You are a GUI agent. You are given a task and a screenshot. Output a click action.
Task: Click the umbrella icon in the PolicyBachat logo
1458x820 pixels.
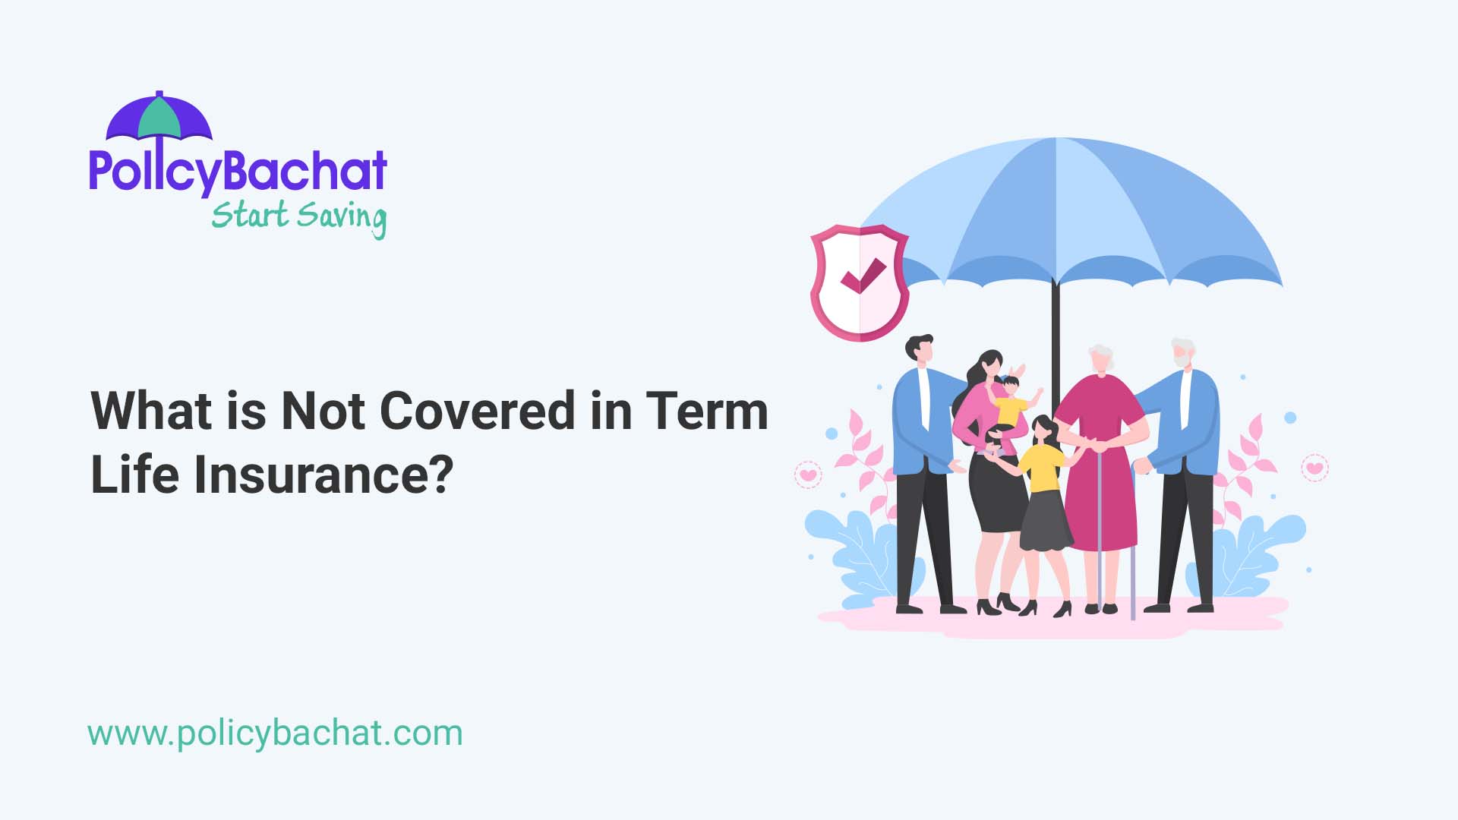[x=159, y=118]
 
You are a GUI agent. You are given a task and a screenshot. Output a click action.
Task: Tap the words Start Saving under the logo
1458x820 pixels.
[x=298, y=216]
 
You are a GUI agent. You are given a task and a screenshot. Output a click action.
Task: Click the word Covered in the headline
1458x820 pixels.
[x=477, y=411]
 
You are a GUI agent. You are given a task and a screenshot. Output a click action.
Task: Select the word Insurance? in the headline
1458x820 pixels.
[x=323, y=475]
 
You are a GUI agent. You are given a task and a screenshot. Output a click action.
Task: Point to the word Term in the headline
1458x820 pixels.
[x=707, y=411]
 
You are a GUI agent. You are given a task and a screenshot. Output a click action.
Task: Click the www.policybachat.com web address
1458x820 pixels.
[x=275, y=733]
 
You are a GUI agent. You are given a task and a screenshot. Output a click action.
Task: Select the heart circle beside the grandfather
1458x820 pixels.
[x=1314, y=467]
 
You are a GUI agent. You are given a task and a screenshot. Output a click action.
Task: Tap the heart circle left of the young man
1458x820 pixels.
[x=808, y=475]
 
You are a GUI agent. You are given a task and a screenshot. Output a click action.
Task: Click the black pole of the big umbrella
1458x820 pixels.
[x=1055, y=334]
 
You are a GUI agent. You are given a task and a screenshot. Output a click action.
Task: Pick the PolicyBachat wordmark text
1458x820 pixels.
[x=238, y=172]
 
